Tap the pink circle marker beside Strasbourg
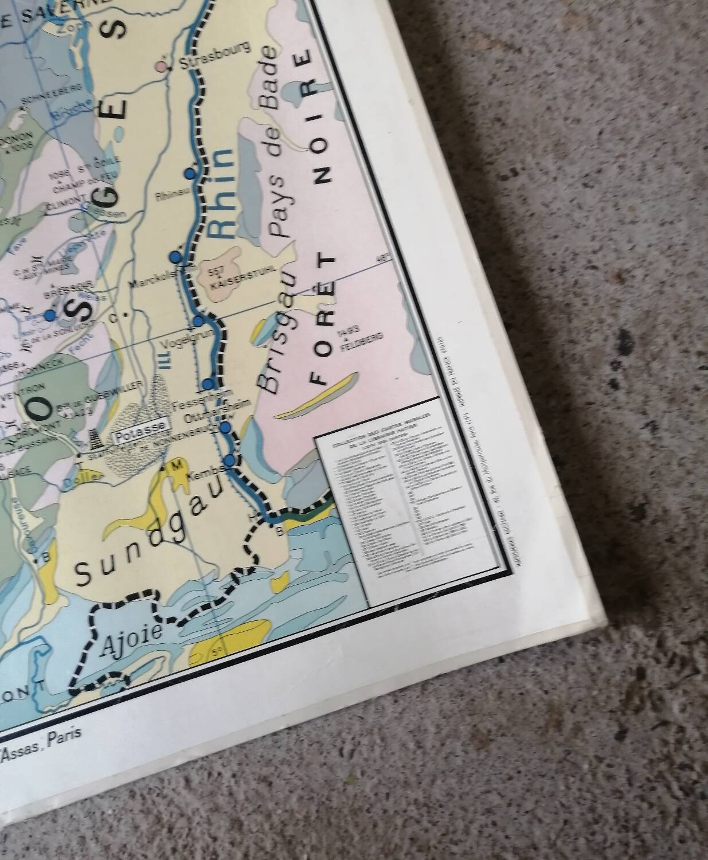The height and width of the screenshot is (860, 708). point(163,67)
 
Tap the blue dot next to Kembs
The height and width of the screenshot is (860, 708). point(229,459)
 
